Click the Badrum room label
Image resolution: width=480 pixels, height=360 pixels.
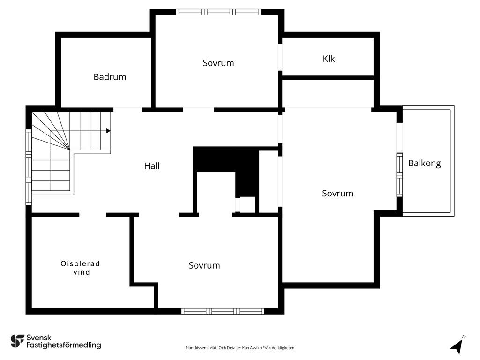tap(110, 77)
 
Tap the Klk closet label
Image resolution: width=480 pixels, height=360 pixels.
tap(329, 59)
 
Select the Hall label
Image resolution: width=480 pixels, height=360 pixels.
tap(152, 166)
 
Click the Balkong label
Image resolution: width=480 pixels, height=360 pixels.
tap(425, 163)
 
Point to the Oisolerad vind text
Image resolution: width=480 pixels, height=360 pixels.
tap(80, 268)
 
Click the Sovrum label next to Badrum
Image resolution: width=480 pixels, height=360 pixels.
tap(218, 63)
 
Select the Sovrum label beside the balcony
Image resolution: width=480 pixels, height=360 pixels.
tap(337, 194)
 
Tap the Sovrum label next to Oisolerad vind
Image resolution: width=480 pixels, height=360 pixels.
tap(204, 265)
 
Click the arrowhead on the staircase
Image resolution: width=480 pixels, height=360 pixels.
tap(108, 131)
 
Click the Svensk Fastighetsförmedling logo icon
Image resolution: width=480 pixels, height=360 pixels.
tap(17, 341)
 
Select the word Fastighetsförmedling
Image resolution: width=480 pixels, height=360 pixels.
tap(64, 345)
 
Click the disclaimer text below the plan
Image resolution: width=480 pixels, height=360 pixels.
tap(240, 348)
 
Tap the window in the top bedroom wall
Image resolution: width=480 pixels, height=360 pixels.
tap(218, 12)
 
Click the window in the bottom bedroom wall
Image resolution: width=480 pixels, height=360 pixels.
tap(223, 311)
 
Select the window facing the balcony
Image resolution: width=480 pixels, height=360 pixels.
tap(399, 175)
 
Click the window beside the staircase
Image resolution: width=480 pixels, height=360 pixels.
tap(29, 167)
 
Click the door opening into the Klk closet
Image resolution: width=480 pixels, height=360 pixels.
tap(280, 57)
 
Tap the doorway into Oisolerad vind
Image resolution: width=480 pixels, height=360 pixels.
tap(93, 215)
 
